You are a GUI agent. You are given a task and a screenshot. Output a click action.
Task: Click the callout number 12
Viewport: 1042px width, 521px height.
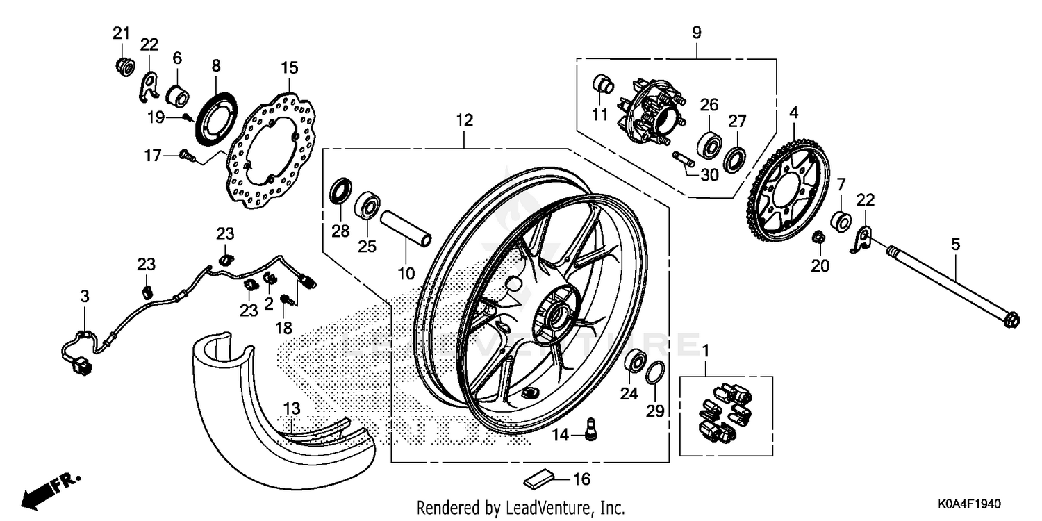click(465, 120)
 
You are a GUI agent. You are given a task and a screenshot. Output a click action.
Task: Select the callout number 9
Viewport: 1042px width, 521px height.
click(697, 32)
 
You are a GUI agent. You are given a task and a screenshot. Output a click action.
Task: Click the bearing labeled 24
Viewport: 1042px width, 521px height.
click(634, 362)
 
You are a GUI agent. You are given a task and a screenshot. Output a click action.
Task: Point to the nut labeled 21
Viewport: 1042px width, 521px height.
click(124, 67)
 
